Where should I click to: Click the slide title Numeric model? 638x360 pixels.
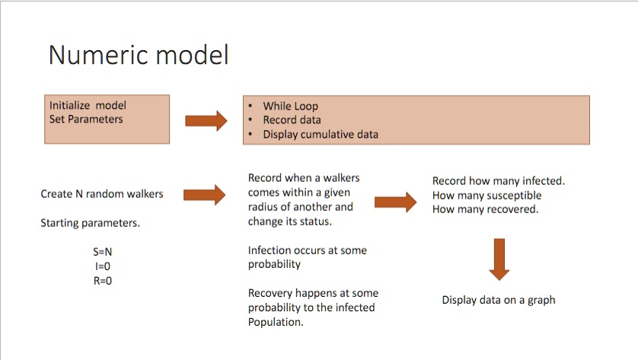[138, 56]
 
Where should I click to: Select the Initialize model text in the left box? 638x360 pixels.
[88, 106]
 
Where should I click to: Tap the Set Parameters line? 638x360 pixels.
[86, 119]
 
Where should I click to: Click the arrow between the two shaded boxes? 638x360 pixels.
[206, 120]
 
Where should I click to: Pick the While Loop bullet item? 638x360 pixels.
[290, 107]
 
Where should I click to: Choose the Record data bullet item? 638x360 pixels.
[292, 120]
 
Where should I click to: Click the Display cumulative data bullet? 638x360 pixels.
[320, 135]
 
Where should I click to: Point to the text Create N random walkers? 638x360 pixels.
[102, 194]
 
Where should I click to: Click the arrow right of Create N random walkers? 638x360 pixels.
[205, 195]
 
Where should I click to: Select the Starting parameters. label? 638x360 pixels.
[90, 224]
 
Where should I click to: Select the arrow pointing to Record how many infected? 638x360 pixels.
[396, 202]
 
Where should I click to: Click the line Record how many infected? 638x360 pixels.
[498, 181]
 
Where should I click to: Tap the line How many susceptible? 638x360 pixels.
[486, 196]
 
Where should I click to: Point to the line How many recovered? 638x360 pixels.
[485, 210]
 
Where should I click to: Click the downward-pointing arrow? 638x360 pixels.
[499, 259]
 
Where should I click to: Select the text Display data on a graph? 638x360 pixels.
[499, 301]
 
